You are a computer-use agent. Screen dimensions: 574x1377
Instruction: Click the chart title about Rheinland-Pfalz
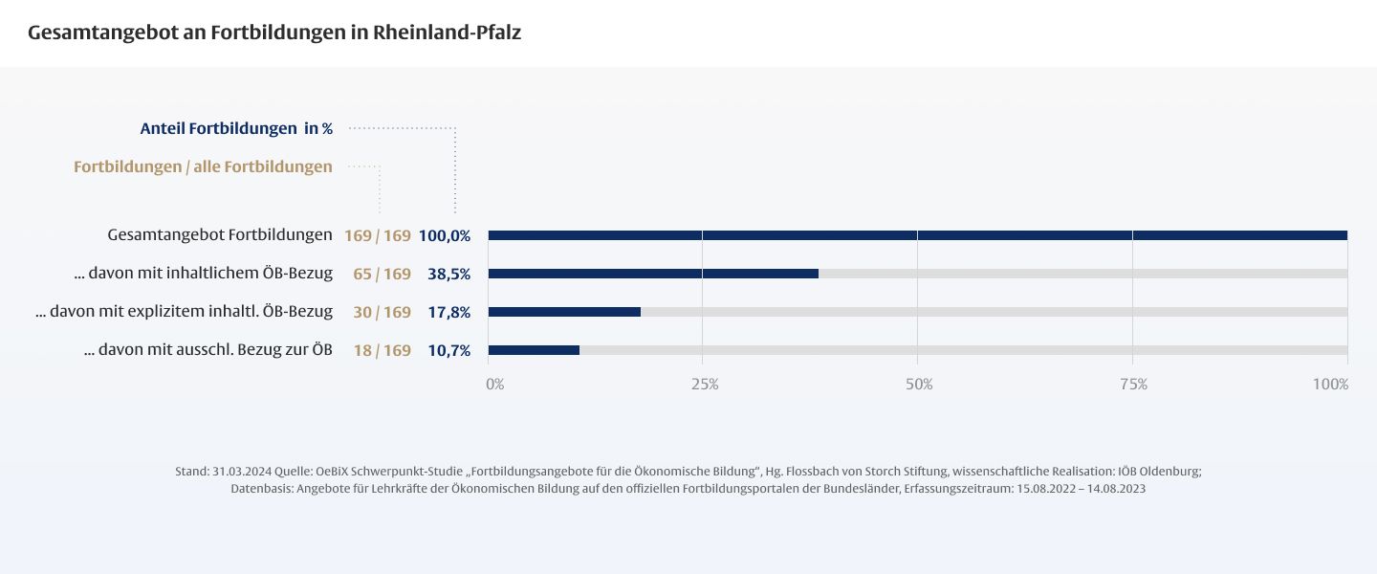click(274, 33)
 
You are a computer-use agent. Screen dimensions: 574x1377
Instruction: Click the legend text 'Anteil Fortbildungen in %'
click(236, 128)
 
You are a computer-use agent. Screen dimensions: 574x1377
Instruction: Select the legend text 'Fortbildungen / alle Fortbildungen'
click(203, 166)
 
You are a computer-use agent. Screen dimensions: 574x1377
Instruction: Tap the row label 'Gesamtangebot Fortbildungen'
click(220, 234)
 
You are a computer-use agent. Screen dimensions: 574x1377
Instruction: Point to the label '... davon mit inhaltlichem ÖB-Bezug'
click(203, 274)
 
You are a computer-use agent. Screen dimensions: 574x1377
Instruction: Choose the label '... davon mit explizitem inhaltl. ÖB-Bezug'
click(184, 312)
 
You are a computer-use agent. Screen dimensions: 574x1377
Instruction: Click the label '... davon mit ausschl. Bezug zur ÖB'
click(208, 350)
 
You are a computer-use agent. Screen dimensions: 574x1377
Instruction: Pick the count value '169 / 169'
click(378, 235)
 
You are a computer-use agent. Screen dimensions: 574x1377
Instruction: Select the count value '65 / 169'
click(382, 274)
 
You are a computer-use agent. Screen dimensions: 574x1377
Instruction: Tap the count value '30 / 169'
click(382, 312)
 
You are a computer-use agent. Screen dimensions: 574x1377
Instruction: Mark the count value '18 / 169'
click(382, 350)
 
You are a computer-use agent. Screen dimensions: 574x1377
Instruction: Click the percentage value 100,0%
click(445, 235)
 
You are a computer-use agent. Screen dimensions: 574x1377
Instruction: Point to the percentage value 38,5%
click(448, 274)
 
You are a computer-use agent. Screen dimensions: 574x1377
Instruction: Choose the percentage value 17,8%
click(448, 312)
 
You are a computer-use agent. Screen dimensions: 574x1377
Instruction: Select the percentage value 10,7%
click(448, 350)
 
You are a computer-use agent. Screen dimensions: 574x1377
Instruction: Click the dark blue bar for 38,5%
click(653, 274)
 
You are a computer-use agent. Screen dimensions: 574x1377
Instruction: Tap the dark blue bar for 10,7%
click(534, 350)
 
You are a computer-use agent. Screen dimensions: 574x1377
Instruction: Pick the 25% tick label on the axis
click(705, 385)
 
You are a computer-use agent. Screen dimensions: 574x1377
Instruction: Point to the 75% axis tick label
click(1133, 385)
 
